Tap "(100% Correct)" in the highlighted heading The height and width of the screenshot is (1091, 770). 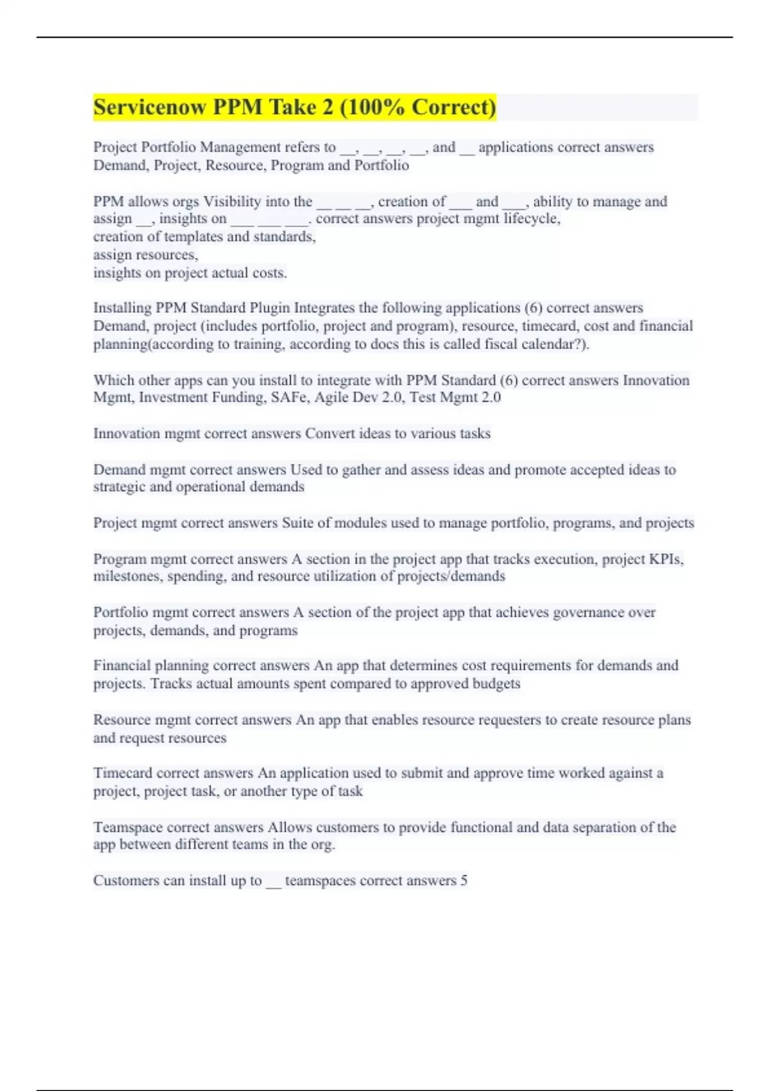418,107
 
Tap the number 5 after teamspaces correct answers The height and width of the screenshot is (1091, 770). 463,881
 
